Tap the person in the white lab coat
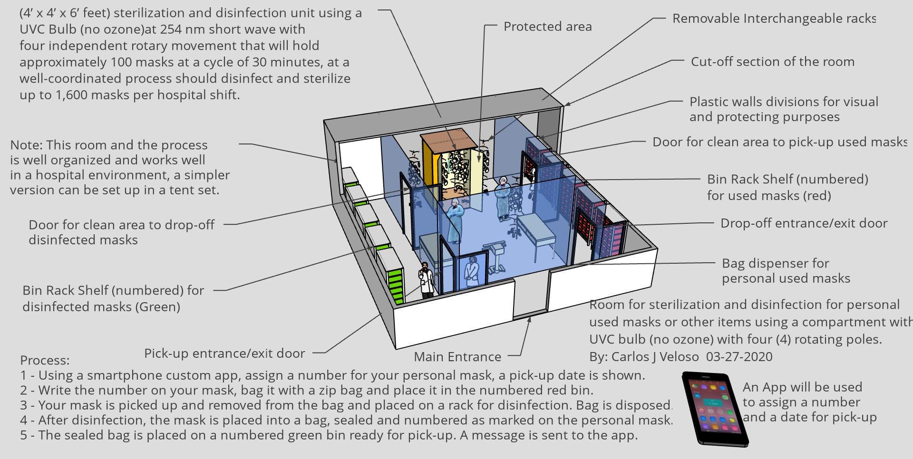click(x=426, y=280)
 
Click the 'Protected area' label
click(x=547, y=27)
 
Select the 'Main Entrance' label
click(x=457, y=356)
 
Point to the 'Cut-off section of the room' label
click(x=772, y=62)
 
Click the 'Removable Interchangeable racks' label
click(x=774, y=19)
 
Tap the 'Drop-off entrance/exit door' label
click(x=804, y=223)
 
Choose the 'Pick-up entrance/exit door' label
click(x=224, y=354)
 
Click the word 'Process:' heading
click(x=45, y=360)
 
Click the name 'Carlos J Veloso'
click(x=655, y=357)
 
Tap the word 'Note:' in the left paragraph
click(x=26, y=145)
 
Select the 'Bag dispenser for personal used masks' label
click(x=786, y=271)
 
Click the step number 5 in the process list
click(x=24, y=435)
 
